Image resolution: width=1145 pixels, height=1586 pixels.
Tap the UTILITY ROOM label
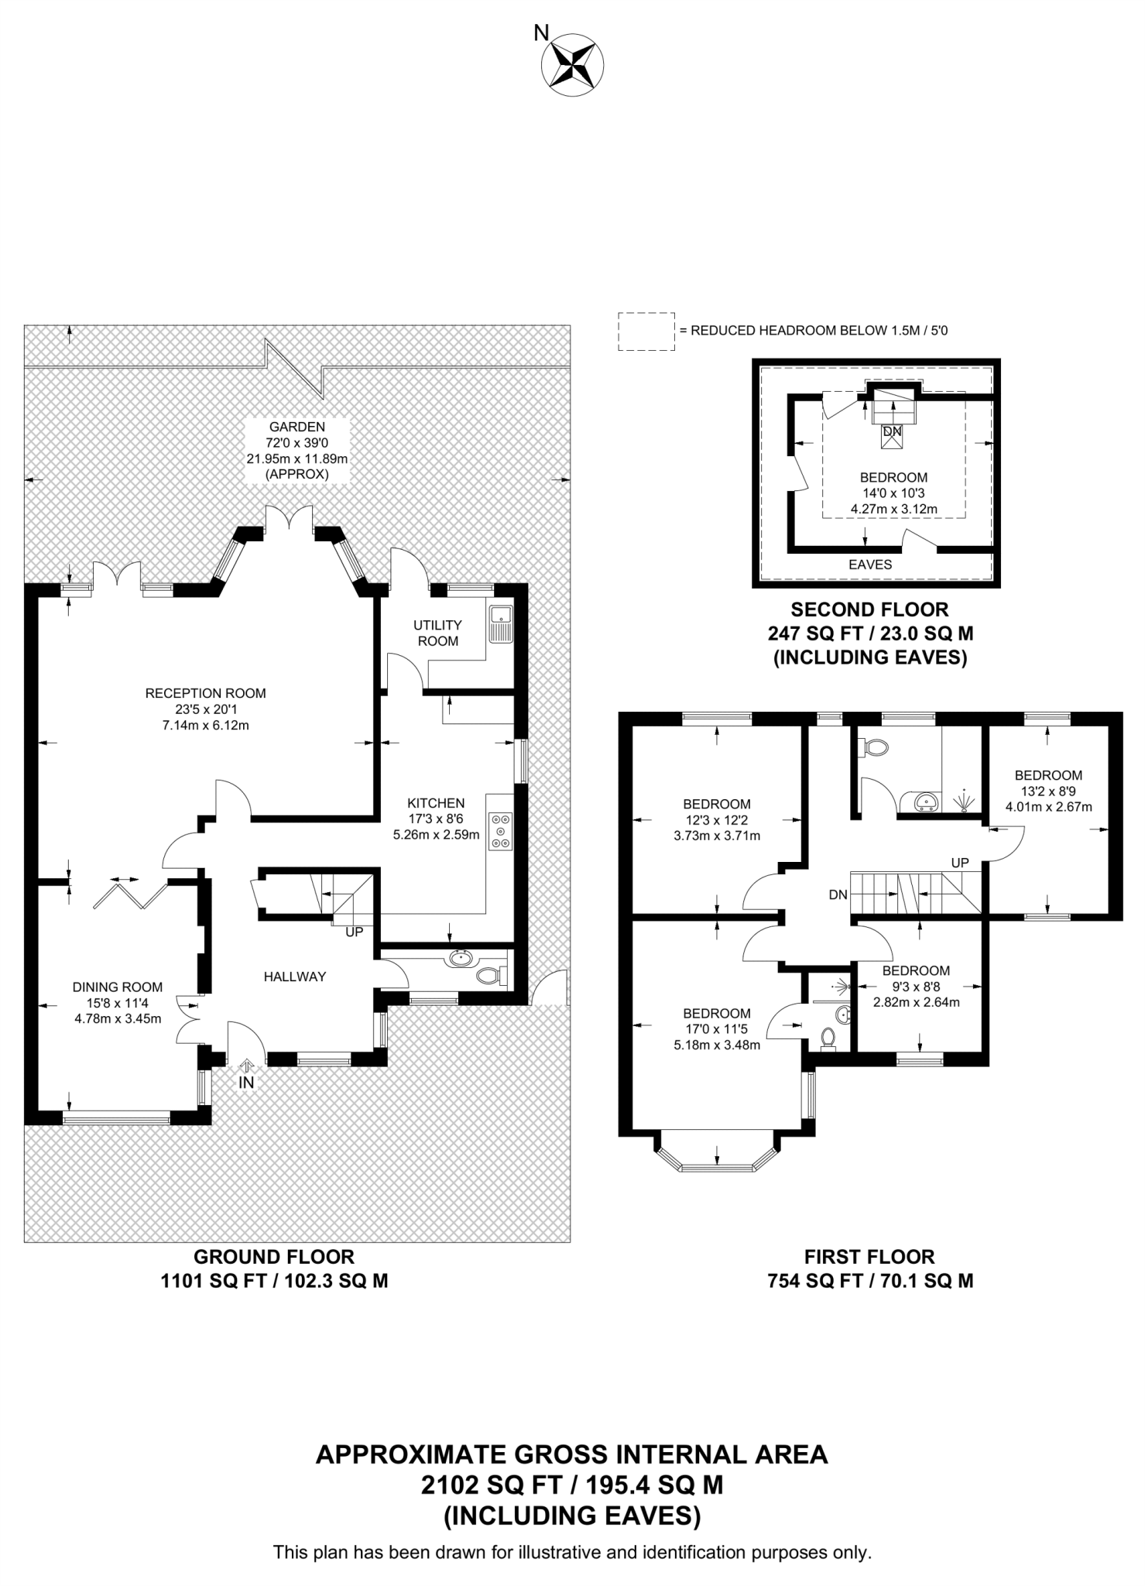tap(437, 633)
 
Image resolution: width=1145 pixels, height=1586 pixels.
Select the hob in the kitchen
tap(501, 830)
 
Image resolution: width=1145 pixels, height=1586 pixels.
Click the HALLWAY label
tap(295, 977)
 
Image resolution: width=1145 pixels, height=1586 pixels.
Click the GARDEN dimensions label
tap(297, 450)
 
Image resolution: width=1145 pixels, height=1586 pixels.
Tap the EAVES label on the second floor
tap(870, 565)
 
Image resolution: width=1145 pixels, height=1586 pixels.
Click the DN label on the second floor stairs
tap(892, 431)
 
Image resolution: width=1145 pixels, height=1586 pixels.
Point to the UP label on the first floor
tap(960, 863)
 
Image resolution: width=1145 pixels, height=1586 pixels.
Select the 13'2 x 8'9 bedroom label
tap(1048, 791)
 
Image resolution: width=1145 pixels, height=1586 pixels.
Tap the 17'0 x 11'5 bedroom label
tap(716, 1028)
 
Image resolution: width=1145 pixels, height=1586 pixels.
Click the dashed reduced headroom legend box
tap(646, 331)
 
